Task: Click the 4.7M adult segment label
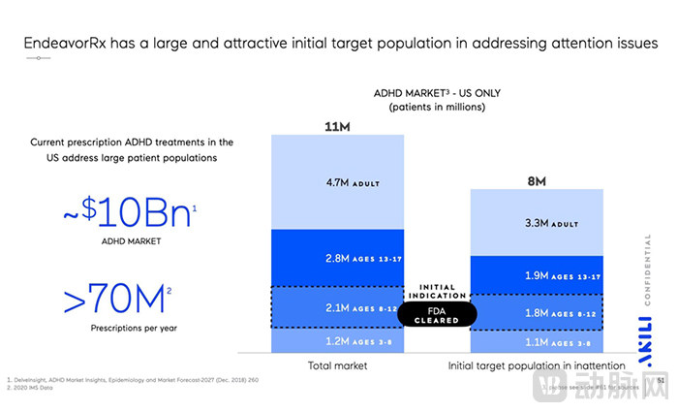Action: pos(339,181)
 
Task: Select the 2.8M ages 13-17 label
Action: pos(339,258)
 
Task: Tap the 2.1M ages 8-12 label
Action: pos(339,307)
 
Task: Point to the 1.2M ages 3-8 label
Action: pos(339,341)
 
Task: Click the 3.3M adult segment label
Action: pos(537,222)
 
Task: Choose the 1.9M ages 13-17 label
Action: pos(537,274)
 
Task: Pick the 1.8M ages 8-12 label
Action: pos(537,312)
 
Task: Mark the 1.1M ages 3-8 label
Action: pos(537,342)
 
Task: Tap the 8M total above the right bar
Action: pos(537,180)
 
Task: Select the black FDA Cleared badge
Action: pos(437,313)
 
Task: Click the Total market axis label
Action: pos(338,366)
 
